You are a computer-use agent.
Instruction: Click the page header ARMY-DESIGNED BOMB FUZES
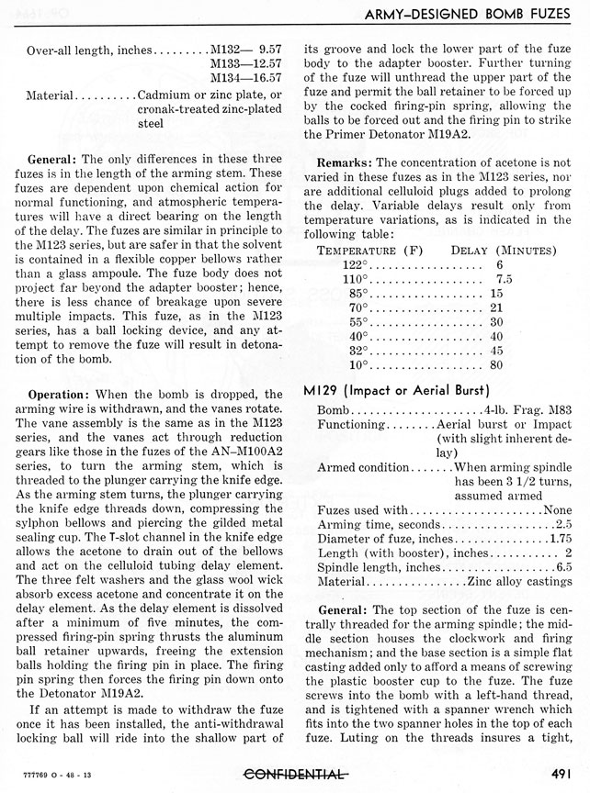[x=467, y=13]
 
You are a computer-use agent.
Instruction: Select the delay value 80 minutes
[x=498, y=365]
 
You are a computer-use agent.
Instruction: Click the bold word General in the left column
[x=52, y=159]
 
